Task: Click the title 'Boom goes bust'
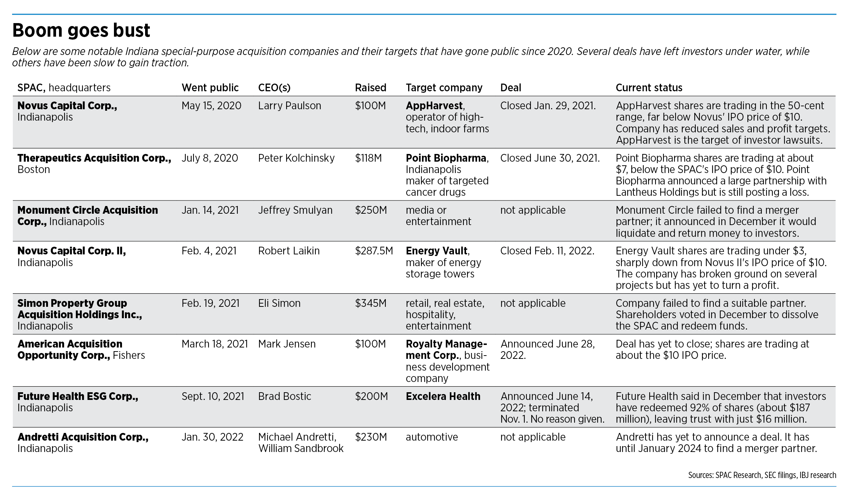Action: coord(81,30)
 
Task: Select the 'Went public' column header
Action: coord(210,88)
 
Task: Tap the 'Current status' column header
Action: coord(649,88)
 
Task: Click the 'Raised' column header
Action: coord(370,88)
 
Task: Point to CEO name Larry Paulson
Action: coord(289,106)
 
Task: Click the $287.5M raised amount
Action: coord(374,251)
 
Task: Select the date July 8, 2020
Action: coord(210,158)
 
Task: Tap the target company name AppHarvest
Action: coord(434,106)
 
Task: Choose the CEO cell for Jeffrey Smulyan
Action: coord(295,210)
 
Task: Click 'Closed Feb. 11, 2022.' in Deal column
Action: coord(547,251)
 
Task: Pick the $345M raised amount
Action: coord(370,304)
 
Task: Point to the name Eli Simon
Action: coord(279,304)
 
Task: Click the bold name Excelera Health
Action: coord(443,397)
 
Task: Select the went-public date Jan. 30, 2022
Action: coord(212,437)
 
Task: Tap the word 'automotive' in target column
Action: coord(432,437)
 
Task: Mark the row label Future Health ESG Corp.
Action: coord(78,397)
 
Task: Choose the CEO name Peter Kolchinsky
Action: coord(296,158)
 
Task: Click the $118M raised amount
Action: coord(368,158)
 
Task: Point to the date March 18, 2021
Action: coord(215,344)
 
